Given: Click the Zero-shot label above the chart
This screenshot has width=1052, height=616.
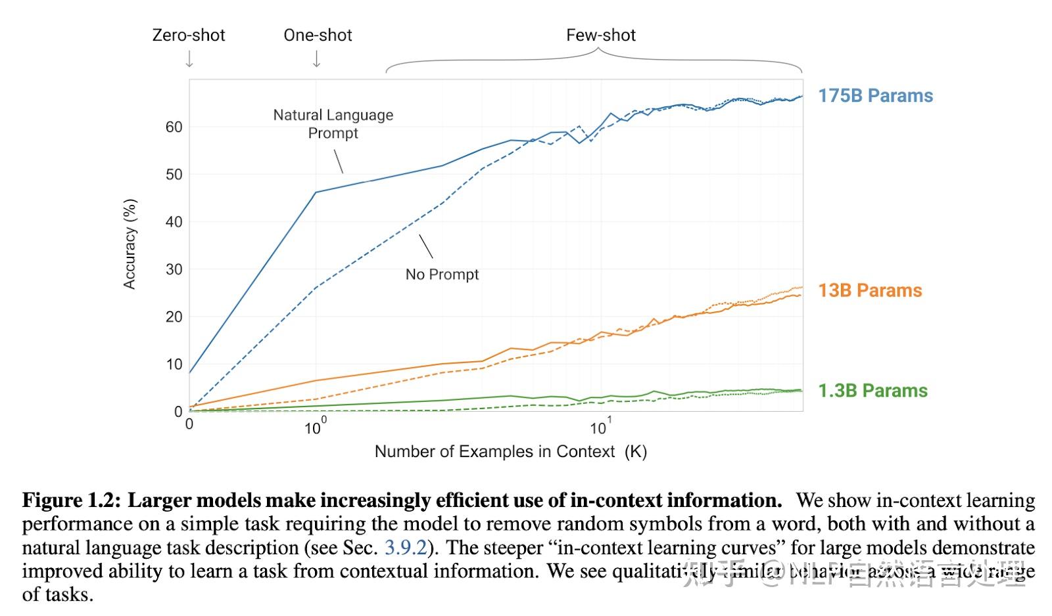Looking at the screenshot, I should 189,35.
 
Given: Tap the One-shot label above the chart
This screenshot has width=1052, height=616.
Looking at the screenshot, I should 318,35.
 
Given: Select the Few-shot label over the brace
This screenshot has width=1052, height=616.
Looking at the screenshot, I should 601,35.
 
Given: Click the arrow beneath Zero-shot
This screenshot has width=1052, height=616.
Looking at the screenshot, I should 189,59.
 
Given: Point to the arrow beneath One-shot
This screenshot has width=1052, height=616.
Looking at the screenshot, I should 316,59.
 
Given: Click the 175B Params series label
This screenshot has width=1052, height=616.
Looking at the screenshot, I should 875,96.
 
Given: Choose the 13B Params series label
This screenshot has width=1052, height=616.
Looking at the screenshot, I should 870,290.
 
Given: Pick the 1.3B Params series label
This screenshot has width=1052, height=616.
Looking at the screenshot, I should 873,391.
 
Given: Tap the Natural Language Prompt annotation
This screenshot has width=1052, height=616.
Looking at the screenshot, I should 333,124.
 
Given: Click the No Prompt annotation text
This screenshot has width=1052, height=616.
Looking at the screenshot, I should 442,275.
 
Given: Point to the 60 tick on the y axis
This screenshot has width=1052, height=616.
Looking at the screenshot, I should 174,127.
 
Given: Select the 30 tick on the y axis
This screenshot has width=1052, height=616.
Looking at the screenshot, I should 174,269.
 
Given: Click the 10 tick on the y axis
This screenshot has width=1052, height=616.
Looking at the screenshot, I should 174,364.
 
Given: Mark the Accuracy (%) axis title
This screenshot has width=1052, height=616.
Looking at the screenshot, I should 130,244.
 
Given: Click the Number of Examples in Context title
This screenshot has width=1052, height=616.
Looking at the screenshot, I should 510,452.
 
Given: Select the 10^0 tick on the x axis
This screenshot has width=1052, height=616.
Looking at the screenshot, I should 315,428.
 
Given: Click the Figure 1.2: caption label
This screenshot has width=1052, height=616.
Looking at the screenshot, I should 72,500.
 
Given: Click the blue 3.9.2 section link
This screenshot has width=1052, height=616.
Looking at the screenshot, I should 406,548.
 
